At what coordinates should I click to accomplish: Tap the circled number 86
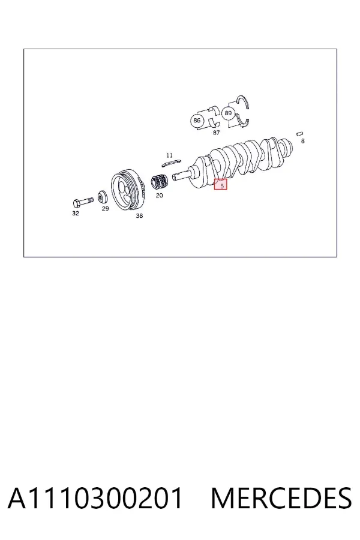(x=197, y=121)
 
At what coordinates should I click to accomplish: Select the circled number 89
(x=228, y=113)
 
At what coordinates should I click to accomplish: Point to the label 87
(x=216, y=133)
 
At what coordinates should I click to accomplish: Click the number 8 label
(x=303, y=141)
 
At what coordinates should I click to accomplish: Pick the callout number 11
(x=169, y=155)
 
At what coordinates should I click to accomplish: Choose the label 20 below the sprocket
(x=159, y=195)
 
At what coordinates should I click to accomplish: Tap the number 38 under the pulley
(x=139, y=215)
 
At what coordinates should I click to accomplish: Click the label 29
(x=106, y=208)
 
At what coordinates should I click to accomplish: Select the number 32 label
(x=76, y=213)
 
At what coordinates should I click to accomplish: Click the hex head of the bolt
(x=77, y=203)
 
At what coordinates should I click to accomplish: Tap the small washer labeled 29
(x=102, y=197)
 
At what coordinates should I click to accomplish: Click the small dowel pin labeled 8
(x=300, y=133)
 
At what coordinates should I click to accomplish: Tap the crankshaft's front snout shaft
(x=181, y=176)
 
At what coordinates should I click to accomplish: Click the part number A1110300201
(x=95, y=498)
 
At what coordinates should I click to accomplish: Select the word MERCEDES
(x=281, y=498)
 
